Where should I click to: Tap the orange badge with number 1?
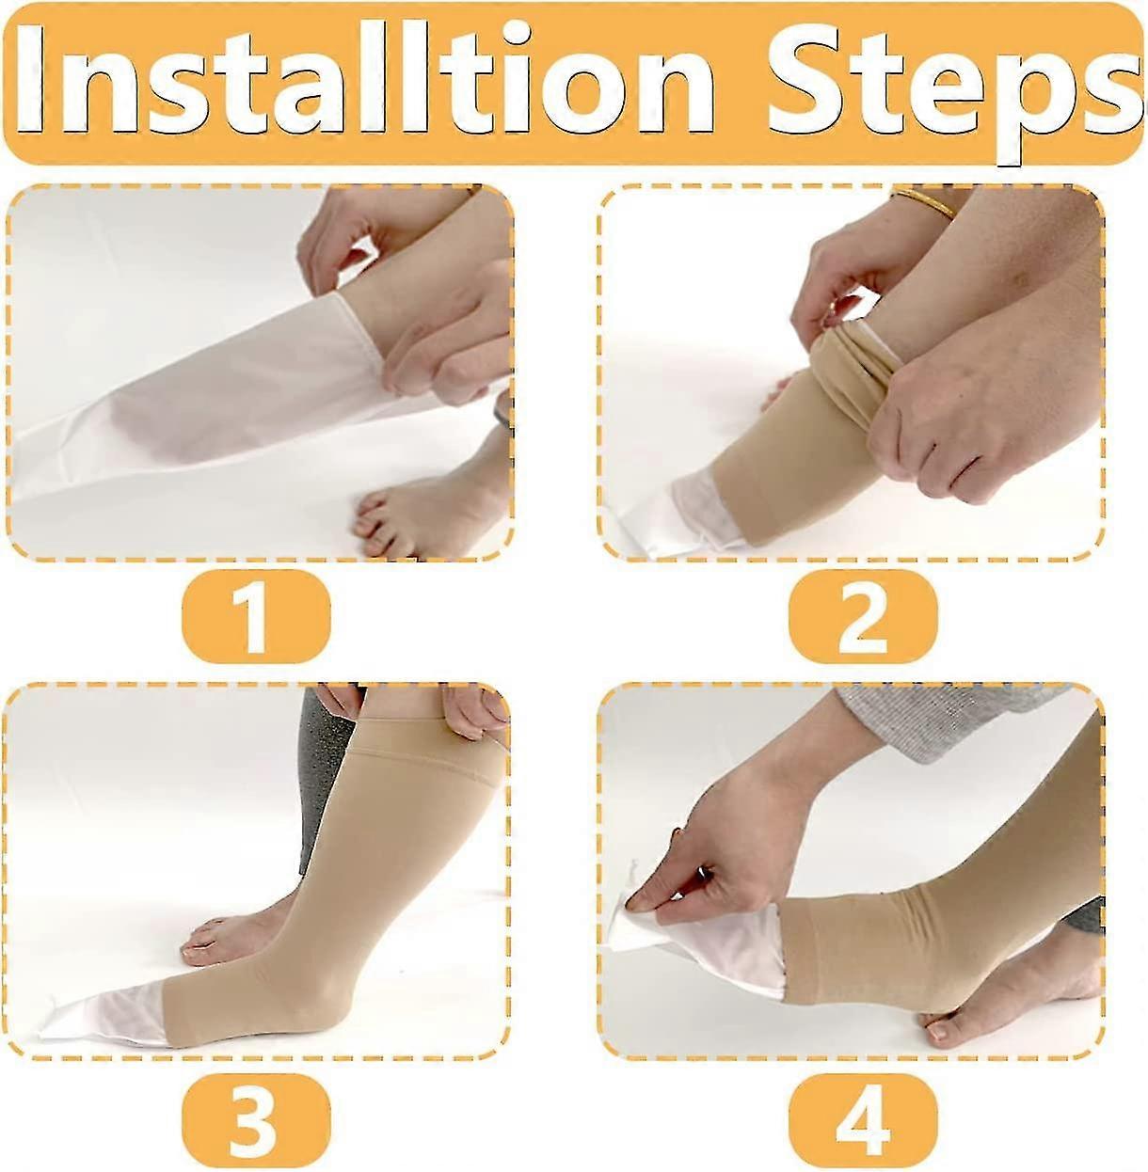point(255,617)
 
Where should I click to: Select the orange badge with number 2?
point(862,617)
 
